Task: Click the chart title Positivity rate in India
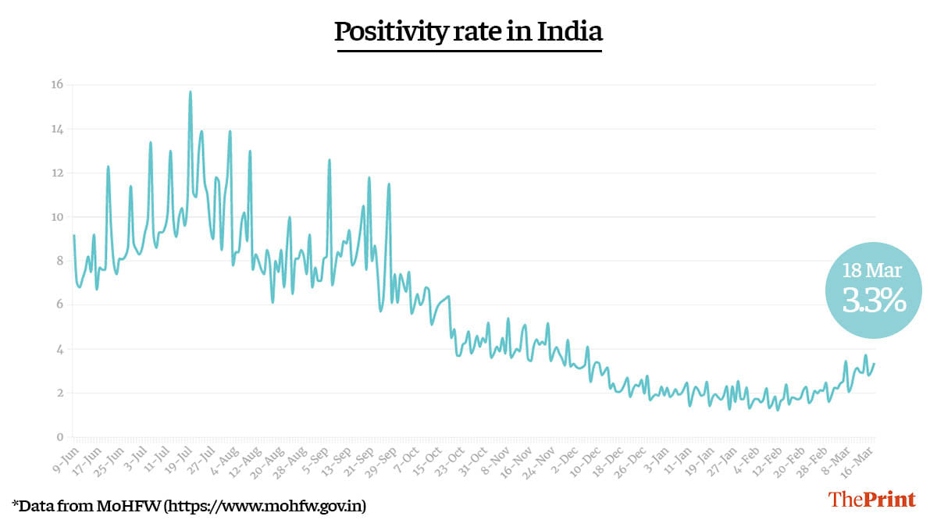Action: [468, 32]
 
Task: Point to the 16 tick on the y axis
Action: [57, 84]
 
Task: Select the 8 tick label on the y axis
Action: [58, 261]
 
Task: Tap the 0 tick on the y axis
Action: [58, 437]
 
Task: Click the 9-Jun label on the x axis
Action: [65, 455]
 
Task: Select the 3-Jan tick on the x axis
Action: [654, 455]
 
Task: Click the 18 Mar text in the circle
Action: [872, 272]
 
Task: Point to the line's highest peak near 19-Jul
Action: [190, 92]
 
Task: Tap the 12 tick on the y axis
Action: [57, 173]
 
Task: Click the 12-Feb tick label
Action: [767, 456]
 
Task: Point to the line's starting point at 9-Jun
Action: [73, 236]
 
